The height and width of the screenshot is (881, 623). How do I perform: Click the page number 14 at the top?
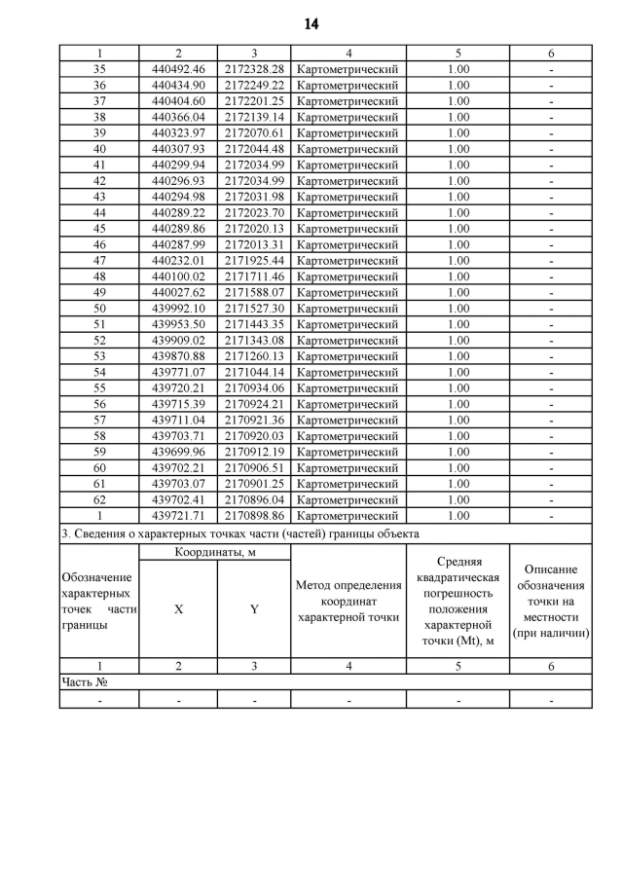click(311, 23)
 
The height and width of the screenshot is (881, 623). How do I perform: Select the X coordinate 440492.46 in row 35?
click(179, 69)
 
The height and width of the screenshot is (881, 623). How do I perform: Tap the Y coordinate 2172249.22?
click(254, 85)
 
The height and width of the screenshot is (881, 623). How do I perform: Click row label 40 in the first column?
click(99, 149)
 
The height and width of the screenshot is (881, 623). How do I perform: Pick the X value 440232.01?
click(179, 260)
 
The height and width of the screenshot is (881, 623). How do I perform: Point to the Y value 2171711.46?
click(254, 276)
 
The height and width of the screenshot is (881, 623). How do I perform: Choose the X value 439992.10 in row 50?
click(179, 308)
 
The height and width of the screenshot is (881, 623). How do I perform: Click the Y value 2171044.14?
click(254, 372)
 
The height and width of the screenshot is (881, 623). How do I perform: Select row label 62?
click(99, 499)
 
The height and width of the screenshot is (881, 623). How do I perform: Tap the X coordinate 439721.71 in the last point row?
click(179, 515)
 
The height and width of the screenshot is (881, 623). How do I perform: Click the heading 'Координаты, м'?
click(216, 552)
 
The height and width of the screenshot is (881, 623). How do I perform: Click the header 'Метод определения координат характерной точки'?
click(348, 601)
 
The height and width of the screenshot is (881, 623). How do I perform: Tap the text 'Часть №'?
click(84, 682)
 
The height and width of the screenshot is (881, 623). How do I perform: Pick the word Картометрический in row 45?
click(348, 229)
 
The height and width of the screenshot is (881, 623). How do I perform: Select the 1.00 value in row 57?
click(458, 420)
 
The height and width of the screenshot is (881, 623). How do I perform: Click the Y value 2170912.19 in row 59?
click(254, 452)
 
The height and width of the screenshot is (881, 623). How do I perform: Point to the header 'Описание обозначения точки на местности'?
click(551, 601)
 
